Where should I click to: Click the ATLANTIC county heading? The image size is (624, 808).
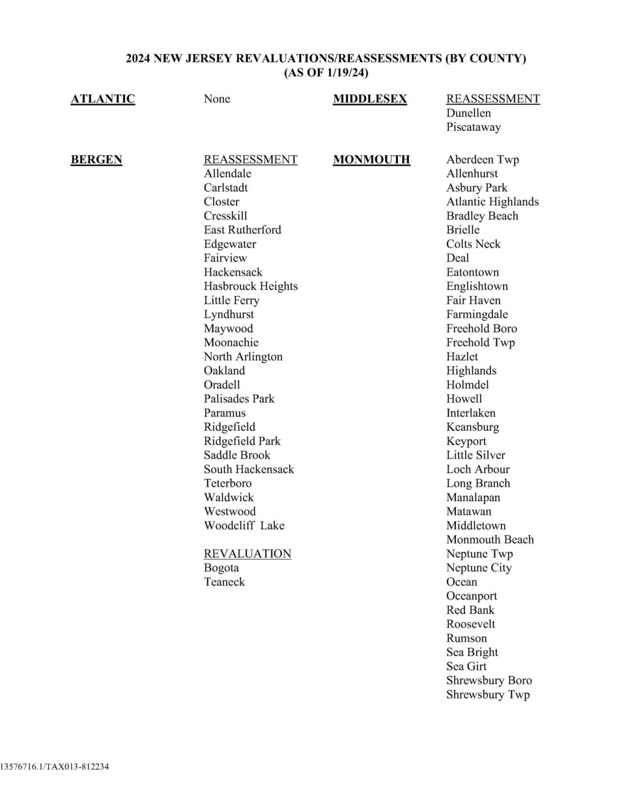click(102, 99)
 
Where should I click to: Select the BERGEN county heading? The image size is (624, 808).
click(96, 160)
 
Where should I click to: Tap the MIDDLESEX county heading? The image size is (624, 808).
click(369, 99)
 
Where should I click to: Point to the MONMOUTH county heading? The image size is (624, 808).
click(371, 160)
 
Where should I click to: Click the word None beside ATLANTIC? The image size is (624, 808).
click(216, 99)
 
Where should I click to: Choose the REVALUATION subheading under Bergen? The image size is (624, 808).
click(247, 554)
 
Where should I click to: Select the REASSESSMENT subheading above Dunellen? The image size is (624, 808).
click(492, 99)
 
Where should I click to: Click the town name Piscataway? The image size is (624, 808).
click(473, 127)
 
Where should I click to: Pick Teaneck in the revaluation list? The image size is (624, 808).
click(224, 582)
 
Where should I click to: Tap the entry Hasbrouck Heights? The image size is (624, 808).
click(250, 286)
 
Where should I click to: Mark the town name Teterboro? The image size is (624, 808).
click(227, 483)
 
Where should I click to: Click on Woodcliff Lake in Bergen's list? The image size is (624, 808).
click(244, 526)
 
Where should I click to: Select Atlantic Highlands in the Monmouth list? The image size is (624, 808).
click(492, 202)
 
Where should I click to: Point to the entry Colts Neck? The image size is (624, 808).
click(473, 244)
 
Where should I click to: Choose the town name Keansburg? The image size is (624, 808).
click(472, 427)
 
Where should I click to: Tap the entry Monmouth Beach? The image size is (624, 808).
click(489, 540)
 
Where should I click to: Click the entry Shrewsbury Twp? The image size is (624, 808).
click(487, 695)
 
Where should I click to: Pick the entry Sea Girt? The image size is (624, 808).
click(466, 667)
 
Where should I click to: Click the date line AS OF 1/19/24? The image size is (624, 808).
click(326, 73)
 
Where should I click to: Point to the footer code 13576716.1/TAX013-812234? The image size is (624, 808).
click(55, 767)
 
